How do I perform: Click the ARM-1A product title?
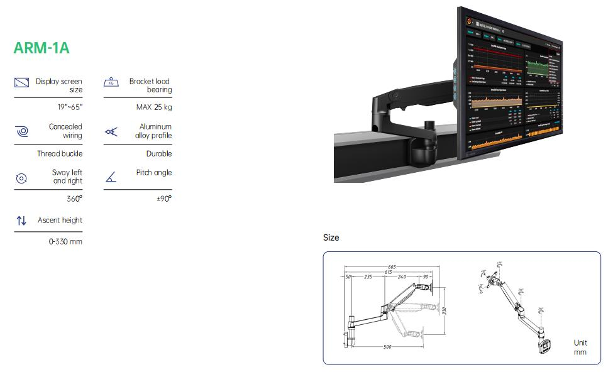coord(41,48)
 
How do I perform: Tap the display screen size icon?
coord(21,83)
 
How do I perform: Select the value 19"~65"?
coord(70,107)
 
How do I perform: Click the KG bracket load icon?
coord(111,83)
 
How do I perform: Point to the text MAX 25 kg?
coord(154,107)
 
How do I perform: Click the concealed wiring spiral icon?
coord(21,131)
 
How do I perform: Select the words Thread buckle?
coord(60,153)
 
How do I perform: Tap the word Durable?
coord(159,153)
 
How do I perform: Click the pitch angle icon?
coord(111,178)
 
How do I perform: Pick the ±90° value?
coord(163,199)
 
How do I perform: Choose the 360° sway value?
coord(74,199)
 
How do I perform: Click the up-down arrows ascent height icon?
coord(21,221)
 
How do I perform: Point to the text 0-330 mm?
coord(65,241)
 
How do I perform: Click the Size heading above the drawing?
coord(331,238)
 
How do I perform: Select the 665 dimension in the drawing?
coord(392,267)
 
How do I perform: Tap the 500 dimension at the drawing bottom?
coord(387,347)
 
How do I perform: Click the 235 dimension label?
coord(368,276)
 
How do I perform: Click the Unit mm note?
coord(580,347)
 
